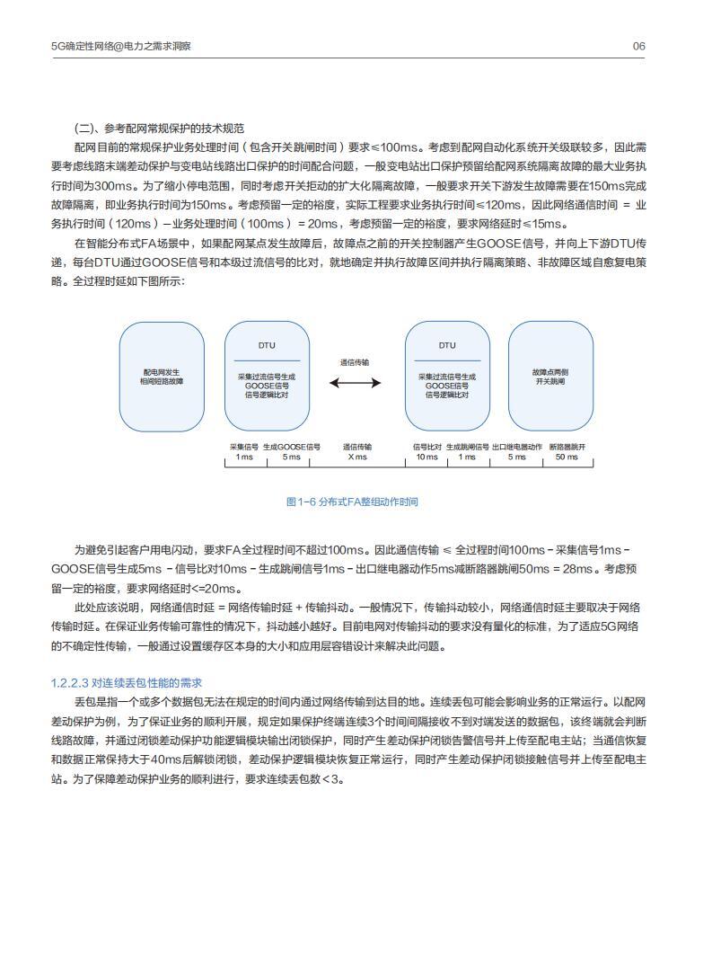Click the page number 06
(638, 46)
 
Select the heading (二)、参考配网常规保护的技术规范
(159, 129)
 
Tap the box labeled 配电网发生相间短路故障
(162, 377)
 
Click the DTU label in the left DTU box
(267, 345)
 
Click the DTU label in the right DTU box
(447, 345)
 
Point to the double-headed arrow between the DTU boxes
(356, 383)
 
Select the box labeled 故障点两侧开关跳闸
(550, 377)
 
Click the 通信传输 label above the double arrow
(355, 361)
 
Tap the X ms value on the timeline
(357, 457)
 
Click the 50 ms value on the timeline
(567, 457)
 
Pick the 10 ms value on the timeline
(426, 457)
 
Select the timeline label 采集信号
(244, 446)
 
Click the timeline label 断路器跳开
(567, 446)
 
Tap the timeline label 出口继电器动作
(517, 446)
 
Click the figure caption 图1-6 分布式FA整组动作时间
(352, 502)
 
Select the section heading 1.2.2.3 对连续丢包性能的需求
(127, 683)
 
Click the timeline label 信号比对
(426, 446)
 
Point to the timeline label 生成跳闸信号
(467, 446)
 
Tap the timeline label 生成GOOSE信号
(292, 446)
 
